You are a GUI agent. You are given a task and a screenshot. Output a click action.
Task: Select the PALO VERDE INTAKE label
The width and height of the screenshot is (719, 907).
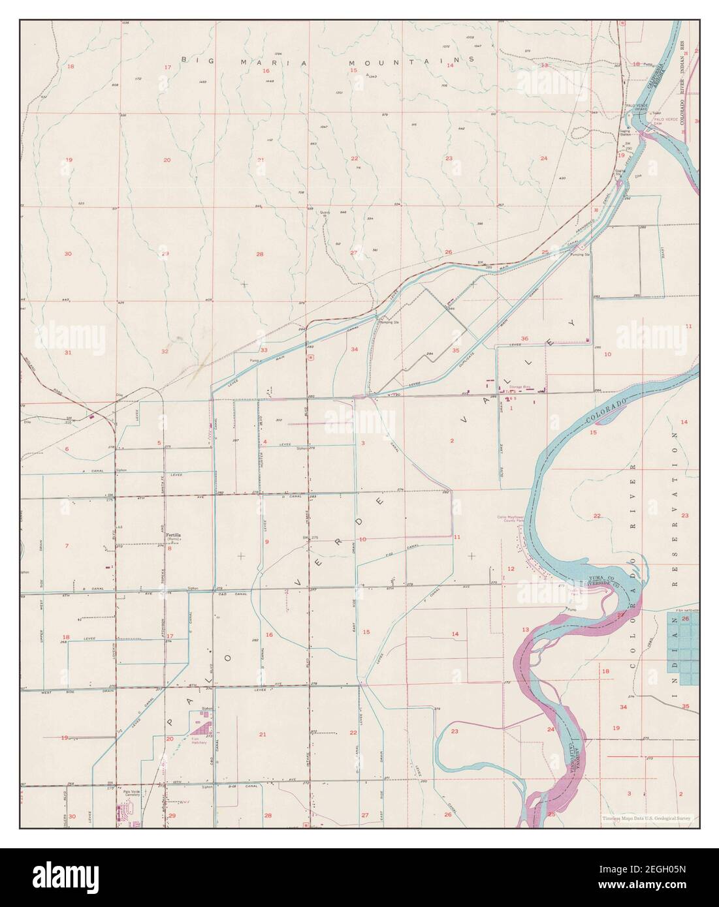coord(638,107)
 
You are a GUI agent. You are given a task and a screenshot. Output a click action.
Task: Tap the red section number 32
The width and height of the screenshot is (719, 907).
coord(165,351)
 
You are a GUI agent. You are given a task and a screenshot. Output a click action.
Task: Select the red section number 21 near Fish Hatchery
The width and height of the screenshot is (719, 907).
coord(263,735)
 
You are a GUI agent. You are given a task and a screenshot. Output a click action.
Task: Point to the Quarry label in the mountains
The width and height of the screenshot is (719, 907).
coord(325,213)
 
